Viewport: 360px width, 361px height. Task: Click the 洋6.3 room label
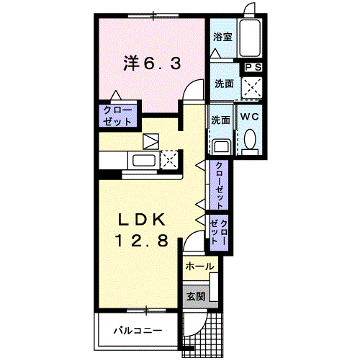point(152,63)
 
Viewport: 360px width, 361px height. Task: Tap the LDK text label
point(142,219)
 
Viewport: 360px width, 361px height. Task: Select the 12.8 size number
point(142,241)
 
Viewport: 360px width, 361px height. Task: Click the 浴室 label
point(222,37)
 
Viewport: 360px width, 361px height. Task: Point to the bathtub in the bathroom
point(250,38)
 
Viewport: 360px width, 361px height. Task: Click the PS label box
point(253,67)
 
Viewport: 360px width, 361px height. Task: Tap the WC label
point(250,117)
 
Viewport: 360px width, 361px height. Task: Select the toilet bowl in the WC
point(250,140)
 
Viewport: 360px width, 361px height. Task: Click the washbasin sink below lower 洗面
point(221,146)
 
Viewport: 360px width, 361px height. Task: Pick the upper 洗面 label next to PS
point(224,84)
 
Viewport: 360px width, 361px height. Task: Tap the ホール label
point(199,267)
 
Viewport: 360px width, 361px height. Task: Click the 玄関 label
point(196,296)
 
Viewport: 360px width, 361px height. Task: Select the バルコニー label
point(138,331)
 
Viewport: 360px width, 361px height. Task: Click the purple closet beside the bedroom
point(117,116)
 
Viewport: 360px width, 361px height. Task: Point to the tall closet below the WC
point(219,185)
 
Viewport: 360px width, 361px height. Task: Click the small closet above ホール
point(219,233)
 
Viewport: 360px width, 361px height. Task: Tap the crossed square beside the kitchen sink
point(169,160)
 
